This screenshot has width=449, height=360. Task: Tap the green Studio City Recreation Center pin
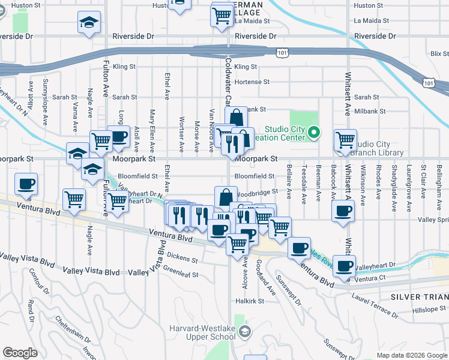point(314,132)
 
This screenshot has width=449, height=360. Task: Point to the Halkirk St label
point(251,301)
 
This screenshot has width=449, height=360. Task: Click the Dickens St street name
point(182,260)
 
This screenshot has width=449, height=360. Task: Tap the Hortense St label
point(252,82)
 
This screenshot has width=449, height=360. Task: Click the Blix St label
point(439,54)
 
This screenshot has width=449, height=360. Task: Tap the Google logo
point(20,353)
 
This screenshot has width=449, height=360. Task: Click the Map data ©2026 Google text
point(411,355)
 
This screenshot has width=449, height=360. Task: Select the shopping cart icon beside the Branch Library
point(345,140)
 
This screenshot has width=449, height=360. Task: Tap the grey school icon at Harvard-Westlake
point(244,331)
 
